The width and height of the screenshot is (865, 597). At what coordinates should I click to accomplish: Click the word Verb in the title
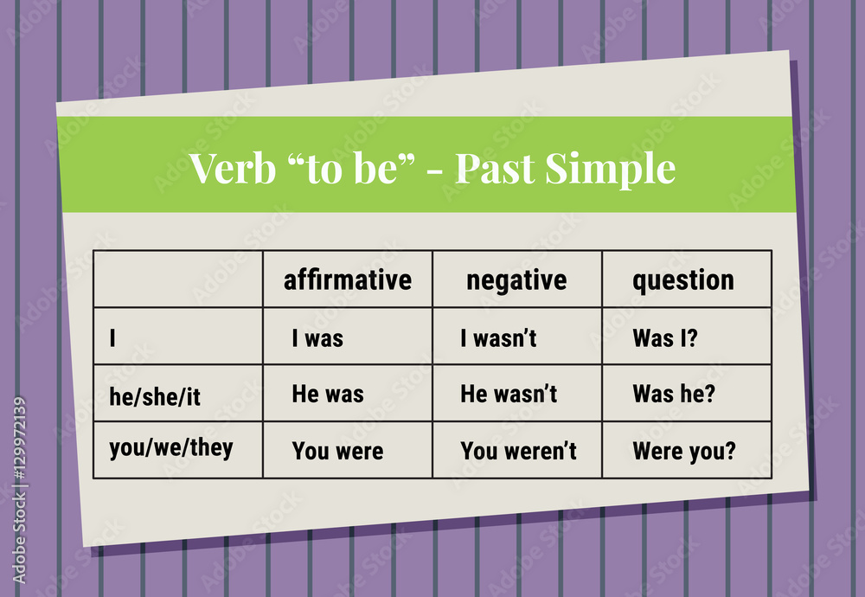pos(227,168)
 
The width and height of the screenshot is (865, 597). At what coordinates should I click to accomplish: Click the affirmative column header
pos(348,279)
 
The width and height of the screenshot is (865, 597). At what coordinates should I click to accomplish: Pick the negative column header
pos(516,279)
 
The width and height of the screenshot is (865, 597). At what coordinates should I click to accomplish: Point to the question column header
pos(683,279)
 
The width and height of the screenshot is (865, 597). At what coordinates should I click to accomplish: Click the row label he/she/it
pos(155,395)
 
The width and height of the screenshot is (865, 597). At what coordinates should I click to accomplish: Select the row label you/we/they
pos(170,449)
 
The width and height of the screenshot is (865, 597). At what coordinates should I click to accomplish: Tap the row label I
pos(112,338)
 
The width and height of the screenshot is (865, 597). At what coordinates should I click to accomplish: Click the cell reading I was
pos(317,338)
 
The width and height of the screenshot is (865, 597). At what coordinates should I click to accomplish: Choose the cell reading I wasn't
pos(498,338)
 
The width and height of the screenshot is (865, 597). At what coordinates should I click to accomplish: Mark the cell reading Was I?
pos(664,338)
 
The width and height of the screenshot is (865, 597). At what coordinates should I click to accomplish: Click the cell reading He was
pos(328,395)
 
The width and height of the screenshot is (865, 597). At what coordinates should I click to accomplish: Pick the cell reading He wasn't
pos(509,395)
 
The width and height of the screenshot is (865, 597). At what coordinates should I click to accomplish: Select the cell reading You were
pos(337,451)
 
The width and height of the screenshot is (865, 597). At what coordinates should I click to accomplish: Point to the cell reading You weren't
pos(518,451)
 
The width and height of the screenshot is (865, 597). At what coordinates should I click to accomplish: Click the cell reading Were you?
pos(683,451)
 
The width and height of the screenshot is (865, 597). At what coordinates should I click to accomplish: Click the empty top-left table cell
pos(178,279)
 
